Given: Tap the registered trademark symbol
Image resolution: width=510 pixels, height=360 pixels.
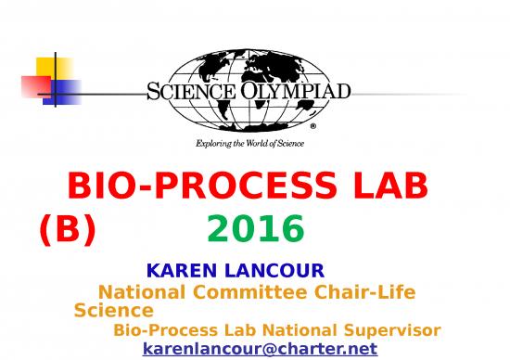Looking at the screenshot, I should [x=312, y=124].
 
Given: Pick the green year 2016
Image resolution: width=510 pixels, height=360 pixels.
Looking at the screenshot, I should [x=256, y=228].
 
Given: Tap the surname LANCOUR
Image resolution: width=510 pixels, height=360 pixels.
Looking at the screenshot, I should [x=274, y=272].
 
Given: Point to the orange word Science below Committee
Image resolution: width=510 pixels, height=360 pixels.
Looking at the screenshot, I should [x=113, y=311].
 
